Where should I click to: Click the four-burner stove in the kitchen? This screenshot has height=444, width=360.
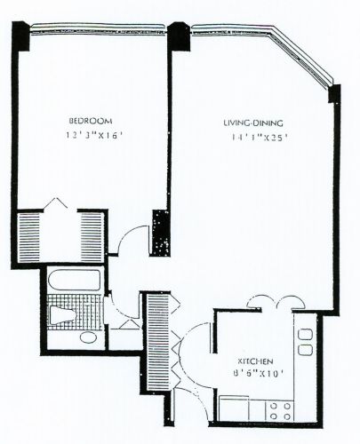tap(280, 409)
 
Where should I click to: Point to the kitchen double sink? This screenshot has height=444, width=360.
tap(304, 341)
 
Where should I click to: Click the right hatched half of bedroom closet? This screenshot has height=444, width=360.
tap(92, 235)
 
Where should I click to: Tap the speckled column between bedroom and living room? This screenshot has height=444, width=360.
tap(160, 233)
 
